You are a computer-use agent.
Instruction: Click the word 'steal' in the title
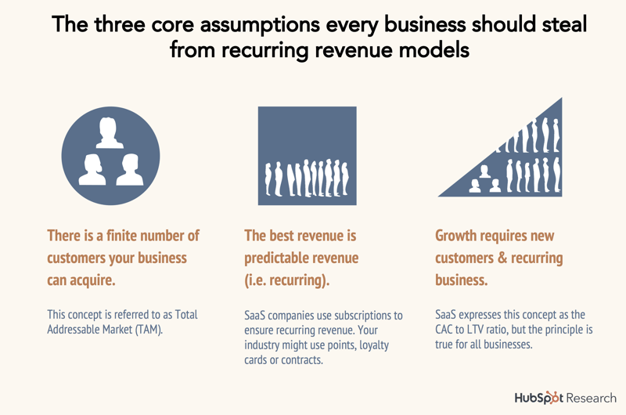[x=564, y=24]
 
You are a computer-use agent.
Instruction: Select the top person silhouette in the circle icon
[x=110, y=132]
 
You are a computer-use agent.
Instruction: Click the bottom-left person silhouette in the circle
[x=92, y=169]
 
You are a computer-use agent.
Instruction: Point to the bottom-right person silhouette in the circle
[x=130, y=169]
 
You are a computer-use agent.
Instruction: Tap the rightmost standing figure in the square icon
[x=344, y=179]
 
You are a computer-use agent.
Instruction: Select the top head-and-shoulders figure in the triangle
[x=484, y=171]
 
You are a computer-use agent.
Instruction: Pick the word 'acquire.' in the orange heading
[x=92, y=280]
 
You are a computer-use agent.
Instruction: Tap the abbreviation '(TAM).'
[x=149, y=330]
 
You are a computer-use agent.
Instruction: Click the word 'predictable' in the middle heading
[x=275, y=258]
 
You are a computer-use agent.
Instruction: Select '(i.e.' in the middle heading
[x=255, y=280]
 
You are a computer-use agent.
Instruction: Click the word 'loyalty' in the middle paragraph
[x=374, y=345]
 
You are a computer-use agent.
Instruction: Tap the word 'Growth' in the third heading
[x=455, y=235]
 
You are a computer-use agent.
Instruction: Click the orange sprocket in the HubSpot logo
[x=552, y=397]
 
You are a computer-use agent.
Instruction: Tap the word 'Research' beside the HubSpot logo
[x=591, y=399]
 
